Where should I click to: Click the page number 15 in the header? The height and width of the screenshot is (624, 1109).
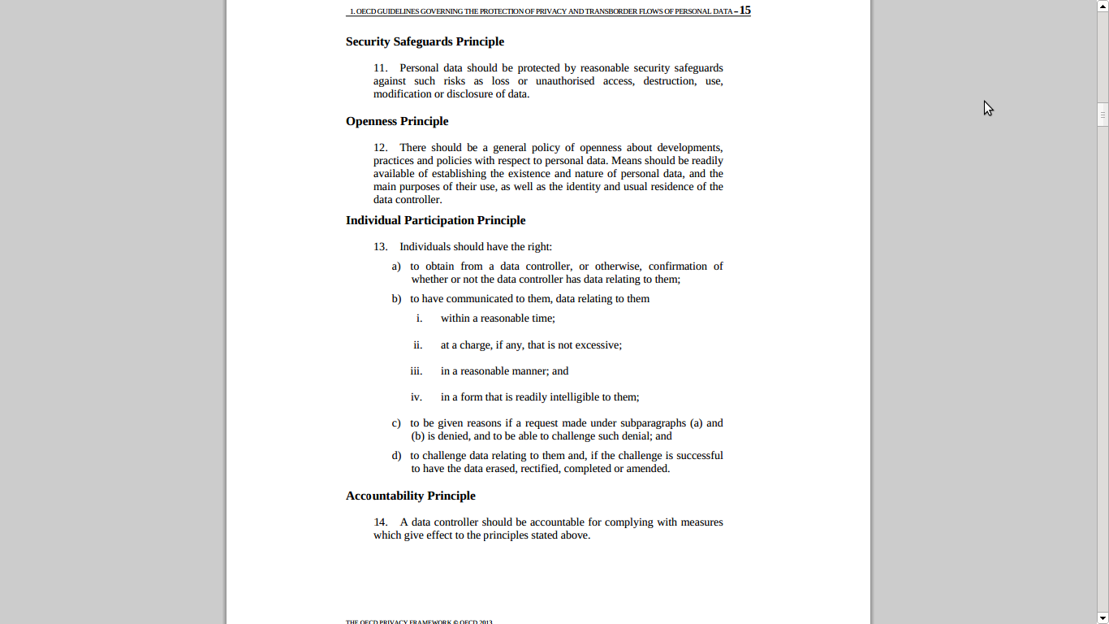(x=744, y=11)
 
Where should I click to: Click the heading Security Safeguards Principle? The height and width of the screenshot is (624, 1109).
(x=425, y=41)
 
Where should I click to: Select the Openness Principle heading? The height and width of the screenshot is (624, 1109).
(x=397, y=121)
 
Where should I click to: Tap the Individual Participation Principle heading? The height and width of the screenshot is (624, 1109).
(x=435, y=220)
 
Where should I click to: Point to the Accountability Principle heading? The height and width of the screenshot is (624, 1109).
(x=410, y=496)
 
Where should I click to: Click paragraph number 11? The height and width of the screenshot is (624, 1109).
(x=380, y=68)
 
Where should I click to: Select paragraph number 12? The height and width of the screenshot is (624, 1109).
(x=380, y=148)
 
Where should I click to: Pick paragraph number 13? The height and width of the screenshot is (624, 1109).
(x=380, y=247)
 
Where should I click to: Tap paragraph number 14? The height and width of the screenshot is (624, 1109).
(x=380, y=522)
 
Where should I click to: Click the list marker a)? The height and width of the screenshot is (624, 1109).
(x=396, y=266)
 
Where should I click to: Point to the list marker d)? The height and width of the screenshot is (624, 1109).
(x=396, y=456)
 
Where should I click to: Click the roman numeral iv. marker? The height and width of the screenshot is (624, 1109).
(x=416, y=397)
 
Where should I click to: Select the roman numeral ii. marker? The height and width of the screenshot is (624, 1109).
(x=417, y=345)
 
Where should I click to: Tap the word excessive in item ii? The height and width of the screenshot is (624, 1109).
(x=598, y=345)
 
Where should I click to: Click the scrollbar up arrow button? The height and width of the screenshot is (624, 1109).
(x=1103, y=6)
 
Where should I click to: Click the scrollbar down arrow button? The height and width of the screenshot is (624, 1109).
(x=1103, y=617)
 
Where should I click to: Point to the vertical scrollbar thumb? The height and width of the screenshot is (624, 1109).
(x=1103, y=115)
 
